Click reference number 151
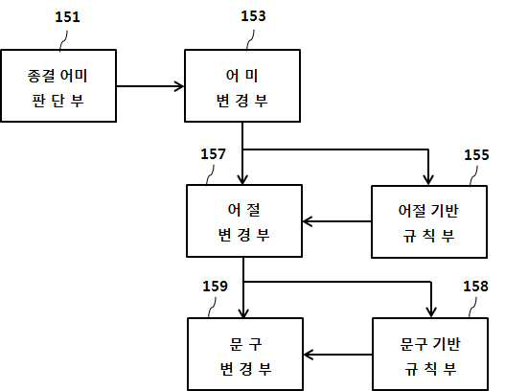[x=67, y=17]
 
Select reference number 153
[x=254, y=16]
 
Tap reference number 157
[x=213, y=154]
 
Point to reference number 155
[x=476, y=155]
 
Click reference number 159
[x=215, y=286]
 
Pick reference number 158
[x=475, y=286]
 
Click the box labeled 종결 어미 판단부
[x=58, y=85]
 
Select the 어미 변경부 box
[x=242, y=85]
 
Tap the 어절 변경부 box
[x=244, y=221]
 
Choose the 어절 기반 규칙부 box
[x=429, y=222]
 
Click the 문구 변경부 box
[x=245, y=354]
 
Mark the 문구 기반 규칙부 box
[x=430, y=354]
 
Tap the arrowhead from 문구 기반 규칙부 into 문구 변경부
[x=308, y=355]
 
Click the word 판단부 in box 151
[x=57, y=101]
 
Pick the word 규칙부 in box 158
[x=430, y=369]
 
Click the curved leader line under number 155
[x=473, y=176]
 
